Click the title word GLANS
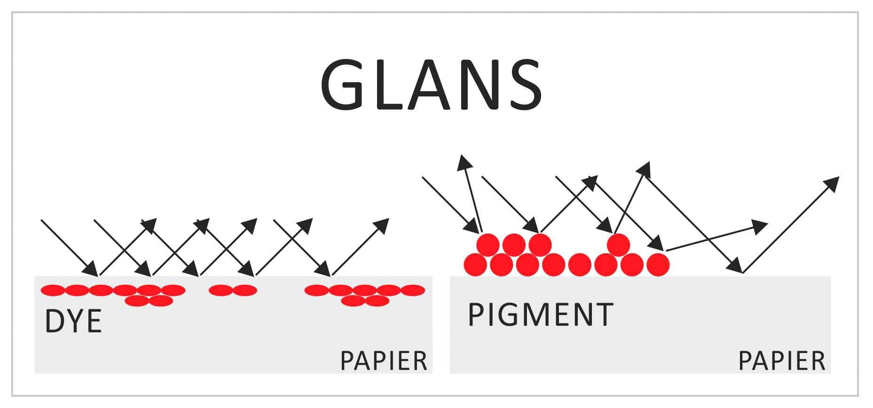click(x=431, y=85)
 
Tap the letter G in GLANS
click(x=342, y=85)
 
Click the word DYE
click(x=73, y=322)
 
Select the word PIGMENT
click(x=541, y=314)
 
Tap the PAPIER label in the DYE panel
click(x=384, y=361)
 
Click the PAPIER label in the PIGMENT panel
click(x=782, y=361)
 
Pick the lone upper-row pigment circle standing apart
click(x=618, y=245)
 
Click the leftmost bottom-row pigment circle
click(x=475, y=265)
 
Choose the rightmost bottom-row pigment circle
click(x=658, y=265)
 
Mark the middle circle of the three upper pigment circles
click(x=514, y=245)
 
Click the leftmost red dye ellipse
click(x=53, y=290)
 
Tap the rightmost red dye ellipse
click(x=413, y=290)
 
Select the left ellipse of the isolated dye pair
click(x=221, y=290)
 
